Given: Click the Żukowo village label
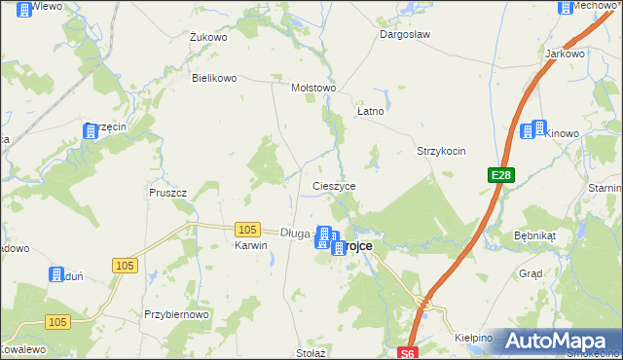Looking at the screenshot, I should click(x=208, y=38).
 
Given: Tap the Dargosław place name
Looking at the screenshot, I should click(x=404, y=33).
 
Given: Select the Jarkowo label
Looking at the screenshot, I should click(x=565, y=54).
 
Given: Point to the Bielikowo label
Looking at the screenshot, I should click(x=214, y=78).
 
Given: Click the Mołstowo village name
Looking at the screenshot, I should click(x=313, y=88).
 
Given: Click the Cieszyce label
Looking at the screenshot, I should click(x=334, y=185).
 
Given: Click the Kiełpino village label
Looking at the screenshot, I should click(x=474, y=338).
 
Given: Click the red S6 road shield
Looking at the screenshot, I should click(x=408, y=353).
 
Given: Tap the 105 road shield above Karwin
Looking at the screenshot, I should click(x=247, y=230).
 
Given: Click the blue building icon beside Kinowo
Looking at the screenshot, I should click(x=532, y=129).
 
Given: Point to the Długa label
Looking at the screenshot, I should click(x=294, y=233).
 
